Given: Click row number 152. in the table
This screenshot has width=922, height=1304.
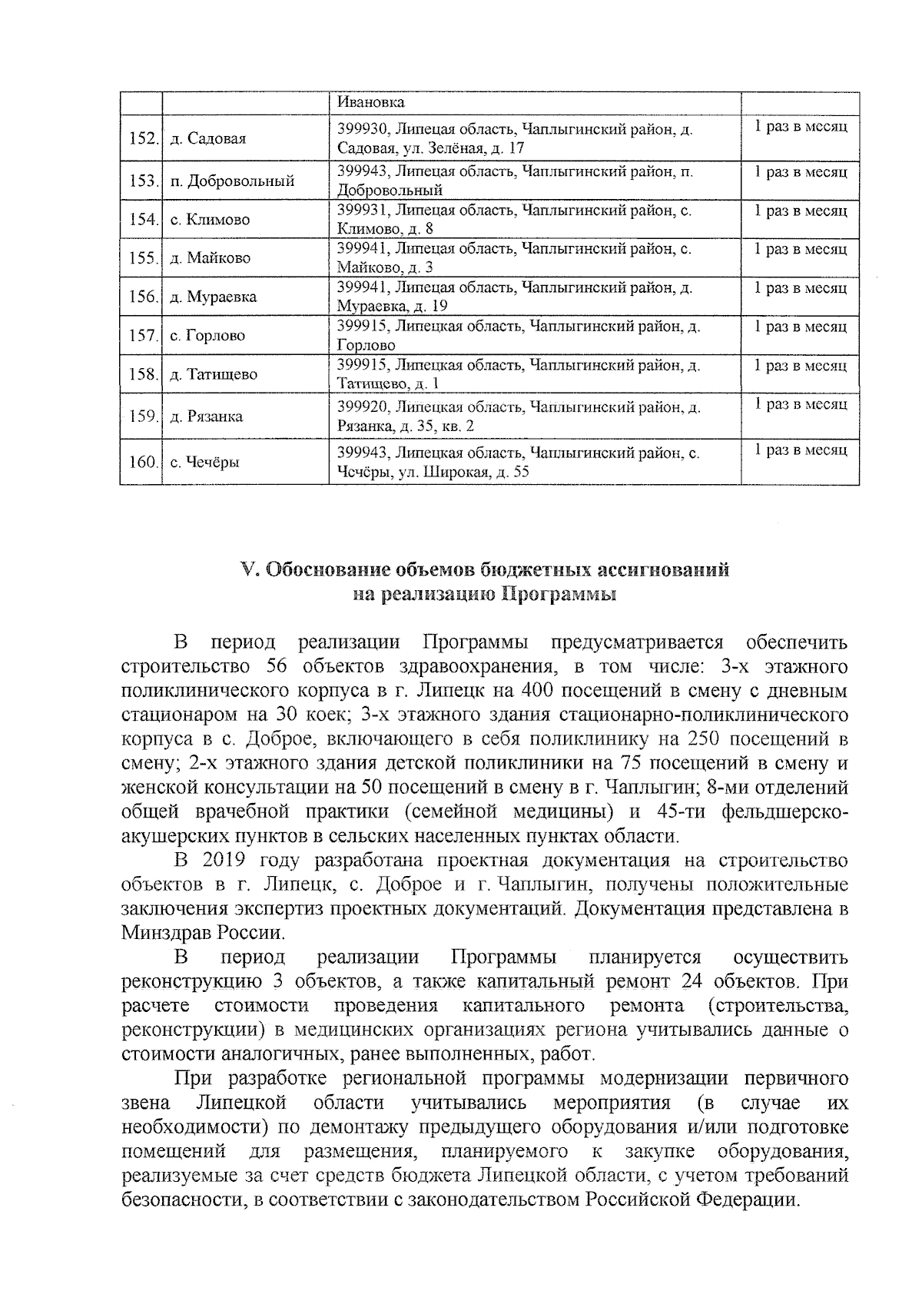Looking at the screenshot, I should click(x=142, y=139).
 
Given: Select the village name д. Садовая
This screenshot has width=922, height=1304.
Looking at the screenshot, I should click(x=208, y=139).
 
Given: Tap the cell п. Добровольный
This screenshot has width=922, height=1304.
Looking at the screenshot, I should click(x=233, y=182).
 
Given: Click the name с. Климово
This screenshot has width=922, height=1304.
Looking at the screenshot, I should click(x=211, y=220).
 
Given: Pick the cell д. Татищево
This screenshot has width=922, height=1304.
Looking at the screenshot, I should click(x=214, y=375).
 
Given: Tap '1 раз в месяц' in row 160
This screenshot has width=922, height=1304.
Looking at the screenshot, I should click(x=801, y=450).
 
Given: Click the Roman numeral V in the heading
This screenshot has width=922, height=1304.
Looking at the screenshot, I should click(x=247, y=570).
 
